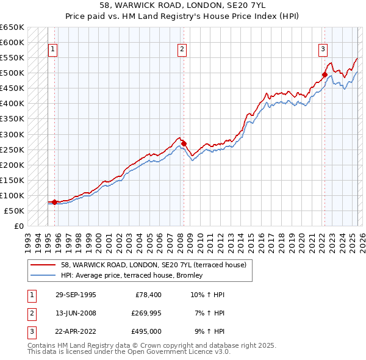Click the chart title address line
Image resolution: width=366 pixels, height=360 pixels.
(183, 4)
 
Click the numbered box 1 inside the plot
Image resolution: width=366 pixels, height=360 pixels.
(52, 50)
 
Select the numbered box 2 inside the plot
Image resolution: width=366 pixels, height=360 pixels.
(182, 50)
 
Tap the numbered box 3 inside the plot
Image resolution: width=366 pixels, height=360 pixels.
(323, 50)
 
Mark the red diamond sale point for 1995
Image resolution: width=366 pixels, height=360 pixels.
(55, 202)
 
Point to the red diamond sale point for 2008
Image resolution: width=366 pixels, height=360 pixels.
(184, 143)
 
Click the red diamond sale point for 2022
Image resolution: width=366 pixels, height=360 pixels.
(325, 75)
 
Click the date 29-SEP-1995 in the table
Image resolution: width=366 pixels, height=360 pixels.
(75, 295)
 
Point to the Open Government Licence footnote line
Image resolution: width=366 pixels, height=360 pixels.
(129, 352)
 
